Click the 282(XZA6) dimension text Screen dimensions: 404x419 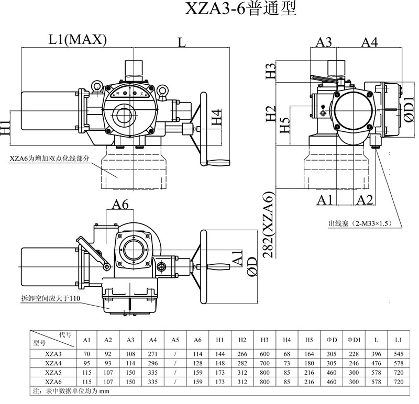[x=268, y=226]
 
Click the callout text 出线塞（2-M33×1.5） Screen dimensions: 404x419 [x=360, y=223]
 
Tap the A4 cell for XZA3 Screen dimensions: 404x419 [x=152, y=354]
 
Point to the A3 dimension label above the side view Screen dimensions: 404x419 [x=325, y=42]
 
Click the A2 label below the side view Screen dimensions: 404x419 [x=365, y=199]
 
